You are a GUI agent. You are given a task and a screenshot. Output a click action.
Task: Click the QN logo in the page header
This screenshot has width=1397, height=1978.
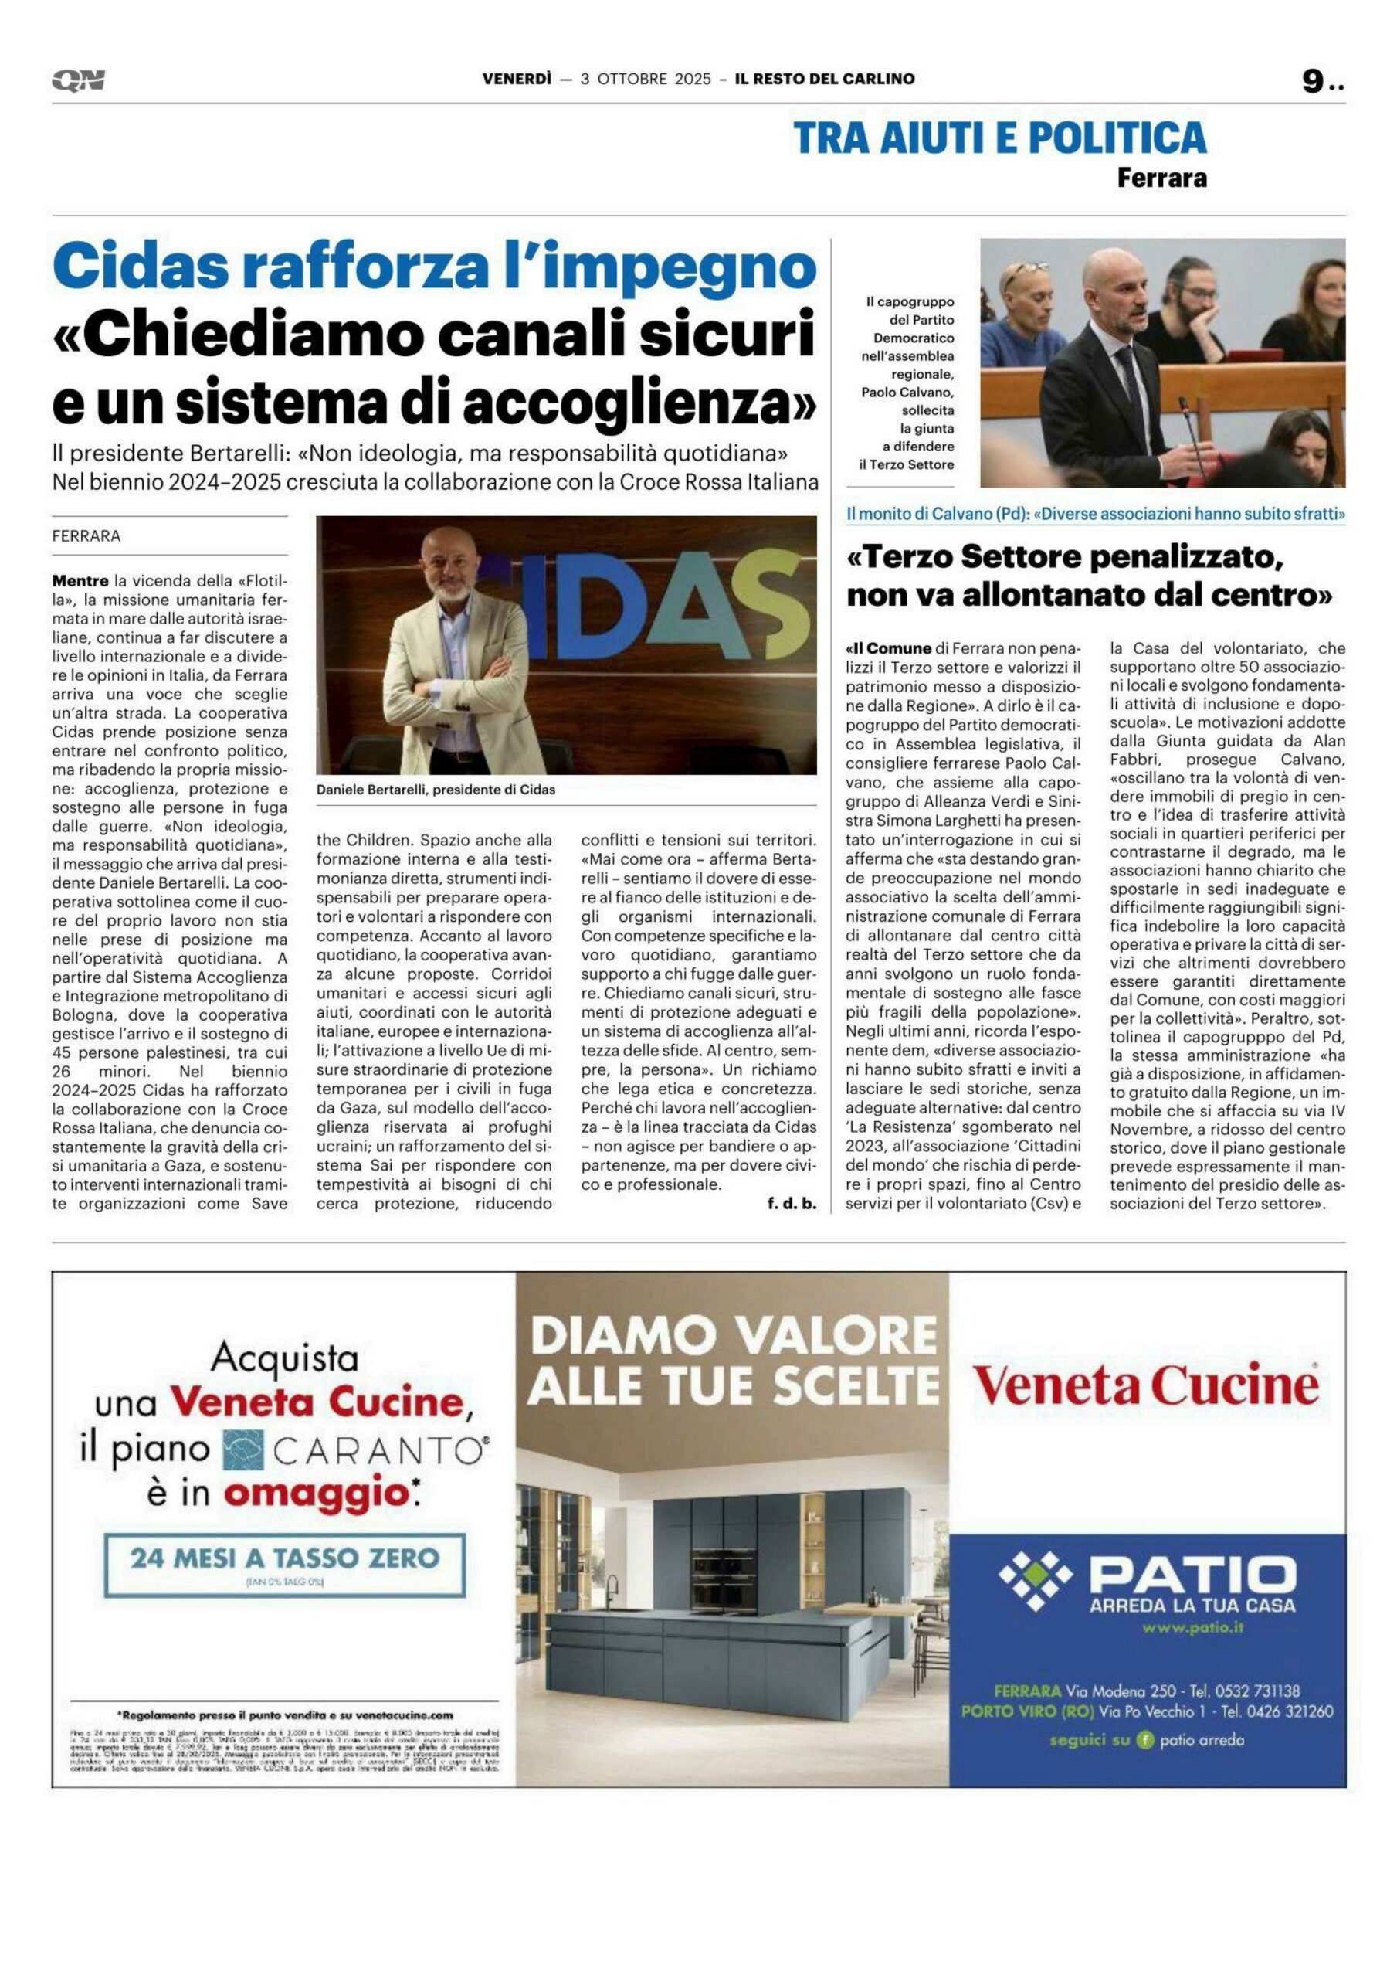click(78, 81)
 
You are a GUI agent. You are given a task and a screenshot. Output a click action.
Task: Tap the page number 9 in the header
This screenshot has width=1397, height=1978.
click(1313, 81)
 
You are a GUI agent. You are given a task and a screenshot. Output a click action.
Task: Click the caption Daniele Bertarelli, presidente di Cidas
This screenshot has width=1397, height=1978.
click(435, 789)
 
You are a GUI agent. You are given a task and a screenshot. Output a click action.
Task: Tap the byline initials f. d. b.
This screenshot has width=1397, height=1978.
click(791, 1204)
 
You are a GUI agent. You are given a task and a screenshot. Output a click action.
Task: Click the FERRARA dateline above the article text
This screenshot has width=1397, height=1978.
click(86, 536)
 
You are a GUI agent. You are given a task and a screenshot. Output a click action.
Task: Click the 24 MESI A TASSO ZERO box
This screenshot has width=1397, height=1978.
click(284, 1558)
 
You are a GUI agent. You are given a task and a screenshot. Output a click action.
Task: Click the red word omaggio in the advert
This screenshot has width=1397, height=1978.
click(316, 1494)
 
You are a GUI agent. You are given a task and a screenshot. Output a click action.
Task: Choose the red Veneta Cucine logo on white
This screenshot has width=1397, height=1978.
click(1145, 1386)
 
